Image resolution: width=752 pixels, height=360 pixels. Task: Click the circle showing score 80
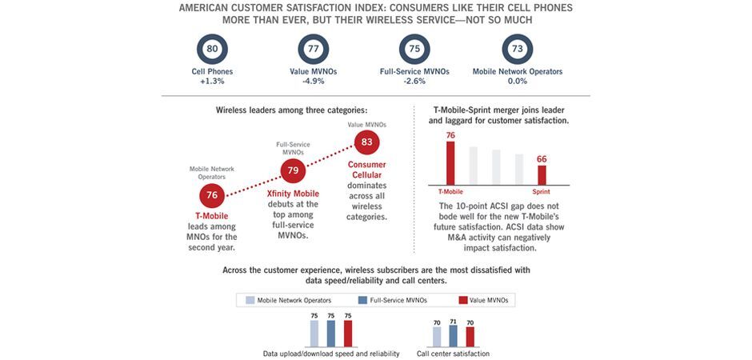pos(212,50)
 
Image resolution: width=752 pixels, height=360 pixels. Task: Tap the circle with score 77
pos(314,50)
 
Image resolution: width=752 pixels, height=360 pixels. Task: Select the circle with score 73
pos(518,50)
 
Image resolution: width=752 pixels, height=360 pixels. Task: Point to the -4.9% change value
pos(314,81)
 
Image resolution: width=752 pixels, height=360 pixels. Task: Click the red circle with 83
pos(366,143)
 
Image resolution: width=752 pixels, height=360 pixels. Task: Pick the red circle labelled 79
pos(293,170)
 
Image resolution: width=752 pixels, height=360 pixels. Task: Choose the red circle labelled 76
pos(212,195)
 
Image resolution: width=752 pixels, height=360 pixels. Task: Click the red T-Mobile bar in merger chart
pos(450,163)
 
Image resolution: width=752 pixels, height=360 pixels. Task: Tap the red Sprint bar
pos(542,174)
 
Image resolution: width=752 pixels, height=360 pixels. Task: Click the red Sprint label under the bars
pos(542,192)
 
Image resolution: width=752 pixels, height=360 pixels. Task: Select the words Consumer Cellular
pos(366,170)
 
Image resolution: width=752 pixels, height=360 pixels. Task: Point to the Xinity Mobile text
pos(293,194)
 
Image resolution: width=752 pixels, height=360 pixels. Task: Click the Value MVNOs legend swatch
pos(462,300)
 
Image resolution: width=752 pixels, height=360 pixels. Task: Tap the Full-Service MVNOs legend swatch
pos(364,300)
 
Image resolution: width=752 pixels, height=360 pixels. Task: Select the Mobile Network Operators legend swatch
pos(249,300)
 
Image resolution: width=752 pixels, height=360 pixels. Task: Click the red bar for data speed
pos(347,334)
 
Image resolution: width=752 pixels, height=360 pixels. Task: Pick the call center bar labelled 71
pos(453,336)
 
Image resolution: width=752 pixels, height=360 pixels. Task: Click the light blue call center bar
pos(437,337)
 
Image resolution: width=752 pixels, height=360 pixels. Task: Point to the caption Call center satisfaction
pos(453,354)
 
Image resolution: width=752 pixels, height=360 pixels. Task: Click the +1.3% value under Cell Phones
pos(212,81)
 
